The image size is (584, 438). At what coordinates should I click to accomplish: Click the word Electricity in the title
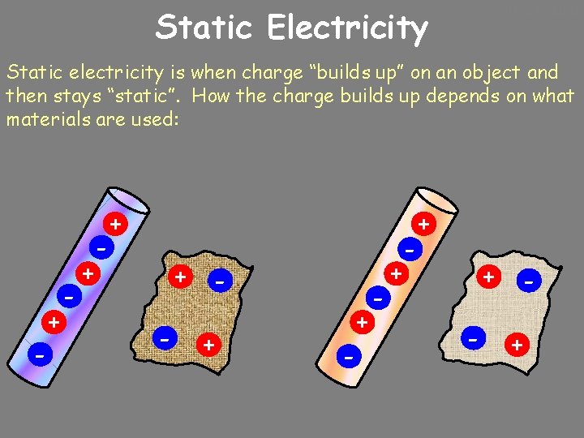coord(346,28)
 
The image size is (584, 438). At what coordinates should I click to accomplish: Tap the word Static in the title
coord(207,28)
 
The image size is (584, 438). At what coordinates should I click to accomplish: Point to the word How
coord(212,97)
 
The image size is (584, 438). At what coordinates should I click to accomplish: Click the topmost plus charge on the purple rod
coord(117,223)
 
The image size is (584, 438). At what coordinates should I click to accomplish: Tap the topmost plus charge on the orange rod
coord(423,222)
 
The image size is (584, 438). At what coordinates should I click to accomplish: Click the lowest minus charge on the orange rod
coord(348,355)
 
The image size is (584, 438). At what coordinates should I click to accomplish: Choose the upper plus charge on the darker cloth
coord(180,277)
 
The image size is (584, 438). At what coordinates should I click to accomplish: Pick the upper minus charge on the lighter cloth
coord(529,281)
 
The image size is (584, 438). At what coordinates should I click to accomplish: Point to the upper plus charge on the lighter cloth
coord(488,277)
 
